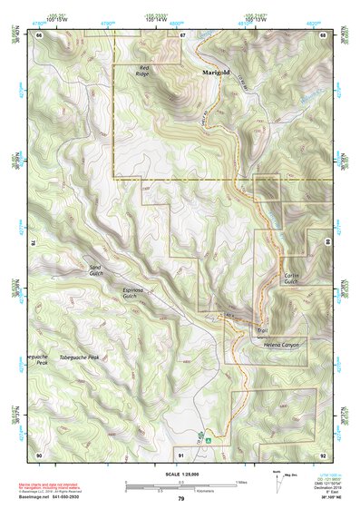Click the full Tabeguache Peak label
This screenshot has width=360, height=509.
click(85, 357)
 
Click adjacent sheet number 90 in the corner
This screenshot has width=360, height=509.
click(39, 454)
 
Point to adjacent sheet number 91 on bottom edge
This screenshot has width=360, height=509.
click(181, 454)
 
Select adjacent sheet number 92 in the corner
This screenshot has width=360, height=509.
click(323, 454)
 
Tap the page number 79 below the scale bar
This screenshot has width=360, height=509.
click(180, 498)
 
